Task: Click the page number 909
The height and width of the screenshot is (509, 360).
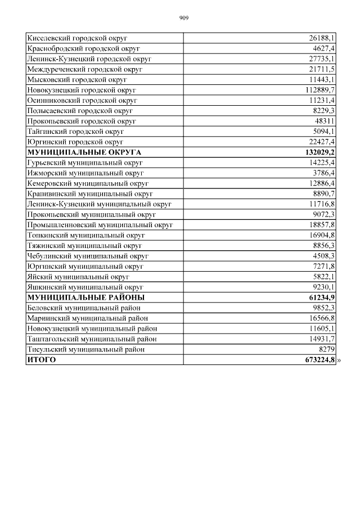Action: pos(184,18)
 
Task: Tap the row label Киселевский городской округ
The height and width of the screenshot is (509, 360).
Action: pos(77,38)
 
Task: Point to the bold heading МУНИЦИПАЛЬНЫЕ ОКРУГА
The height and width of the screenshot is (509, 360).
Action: pos(84,152)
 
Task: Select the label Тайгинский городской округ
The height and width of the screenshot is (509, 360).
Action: pos(75,132)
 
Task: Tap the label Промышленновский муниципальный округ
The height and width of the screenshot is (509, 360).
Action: pos(100,225)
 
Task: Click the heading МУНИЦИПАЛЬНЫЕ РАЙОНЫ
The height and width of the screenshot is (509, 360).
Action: pos(85,297)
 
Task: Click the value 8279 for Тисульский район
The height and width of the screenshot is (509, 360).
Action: pos(326,349)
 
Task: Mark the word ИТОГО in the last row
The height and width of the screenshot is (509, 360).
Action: pos(42,360)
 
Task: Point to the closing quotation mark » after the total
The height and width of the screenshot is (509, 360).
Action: pos(339,360)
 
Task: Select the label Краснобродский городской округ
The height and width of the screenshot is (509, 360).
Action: pos(83,48)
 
